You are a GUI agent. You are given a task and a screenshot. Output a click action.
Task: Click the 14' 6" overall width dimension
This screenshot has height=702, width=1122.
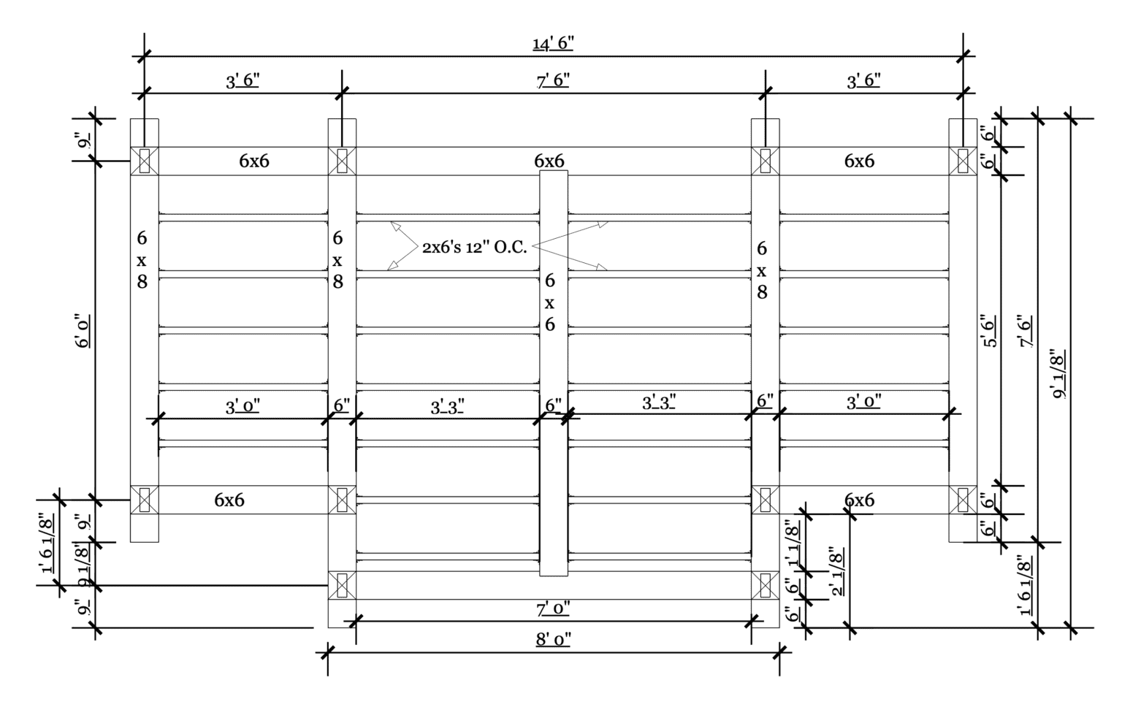[x=553, y=44]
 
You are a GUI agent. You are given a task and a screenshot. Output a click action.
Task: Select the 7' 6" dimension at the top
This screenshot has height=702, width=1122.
[x=553, y=80]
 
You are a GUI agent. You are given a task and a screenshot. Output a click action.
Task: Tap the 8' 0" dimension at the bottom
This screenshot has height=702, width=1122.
[x=553, y=639]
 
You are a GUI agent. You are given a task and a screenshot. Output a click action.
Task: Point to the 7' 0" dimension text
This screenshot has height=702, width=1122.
[x=553, y=608]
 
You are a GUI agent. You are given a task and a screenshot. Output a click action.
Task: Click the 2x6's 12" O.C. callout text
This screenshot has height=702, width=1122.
[x=474, y=247]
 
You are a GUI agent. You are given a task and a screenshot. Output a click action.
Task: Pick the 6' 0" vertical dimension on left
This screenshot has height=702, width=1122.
[x=83, y=331]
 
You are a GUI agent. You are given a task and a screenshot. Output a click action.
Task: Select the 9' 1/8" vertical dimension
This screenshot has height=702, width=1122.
[x=1058, y=374]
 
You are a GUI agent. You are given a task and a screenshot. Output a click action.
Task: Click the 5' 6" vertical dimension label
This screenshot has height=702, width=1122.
[x=991, y=331]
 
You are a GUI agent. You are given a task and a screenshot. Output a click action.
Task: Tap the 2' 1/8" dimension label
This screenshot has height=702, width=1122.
[x=837, y=571]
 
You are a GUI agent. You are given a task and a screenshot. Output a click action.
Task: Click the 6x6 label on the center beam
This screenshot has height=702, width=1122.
[x=550, y=302]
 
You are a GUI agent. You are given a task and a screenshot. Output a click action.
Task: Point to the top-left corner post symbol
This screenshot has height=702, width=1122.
[x=144, y=161]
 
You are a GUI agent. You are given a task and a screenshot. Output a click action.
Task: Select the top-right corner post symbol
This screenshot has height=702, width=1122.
[x=963, y=161]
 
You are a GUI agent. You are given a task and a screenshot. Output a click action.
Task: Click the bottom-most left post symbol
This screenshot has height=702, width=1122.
[x=342, y=585]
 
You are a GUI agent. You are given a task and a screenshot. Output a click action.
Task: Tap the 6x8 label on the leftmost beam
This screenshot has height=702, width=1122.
[x=142, y=260]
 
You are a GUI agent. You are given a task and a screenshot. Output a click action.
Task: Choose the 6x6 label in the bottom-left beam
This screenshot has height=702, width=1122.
[x=229, y=500]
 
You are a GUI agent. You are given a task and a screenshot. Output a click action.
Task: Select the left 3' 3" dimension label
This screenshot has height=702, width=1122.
[x=447, y=408]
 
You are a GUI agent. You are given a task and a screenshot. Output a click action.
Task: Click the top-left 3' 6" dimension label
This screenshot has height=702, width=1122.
[x=243, y=80]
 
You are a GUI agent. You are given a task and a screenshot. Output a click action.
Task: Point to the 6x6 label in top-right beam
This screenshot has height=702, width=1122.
[x=860, y=161]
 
